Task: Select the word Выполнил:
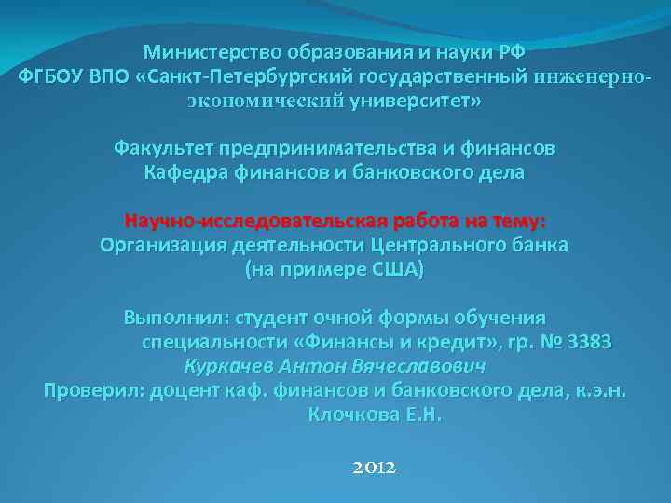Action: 177,318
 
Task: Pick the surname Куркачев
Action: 228,366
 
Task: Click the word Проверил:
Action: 92,390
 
